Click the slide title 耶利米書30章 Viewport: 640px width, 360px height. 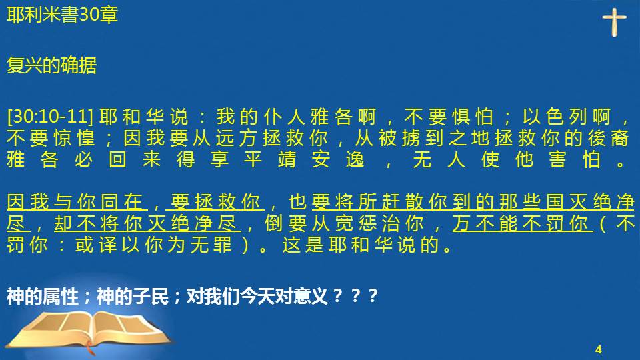click(x=63, y=15)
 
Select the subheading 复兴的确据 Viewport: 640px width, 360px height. click(x=51, y=65)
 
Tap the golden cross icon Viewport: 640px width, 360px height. click(x=614, y=22)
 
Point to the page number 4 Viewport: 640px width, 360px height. click(x=599, y=349)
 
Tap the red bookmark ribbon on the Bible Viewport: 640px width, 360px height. click(x=90, y=348)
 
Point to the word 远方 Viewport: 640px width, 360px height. click(x=236, y=138)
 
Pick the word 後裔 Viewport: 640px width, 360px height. click(x=608, y=138)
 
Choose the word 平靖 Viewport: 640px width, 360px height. click(x=270, y=159)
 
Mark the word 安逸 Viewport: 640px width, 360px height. click(x=338, y=159)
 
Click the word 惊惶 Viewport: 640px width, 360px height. click(x=74, y=138)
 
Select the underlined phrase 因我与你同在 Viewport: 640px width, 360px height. click(x=75, y=202)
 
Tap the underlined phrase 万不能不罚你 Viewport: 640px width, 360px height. click(x=523, y=223)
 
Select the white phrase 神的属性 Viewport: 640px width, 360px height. click(x=43, y=296)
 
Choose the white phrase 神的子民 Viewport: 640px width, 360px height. click(x=133, y=296)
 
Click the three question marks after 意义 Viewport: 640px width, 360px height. click(x=355, y=296)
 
